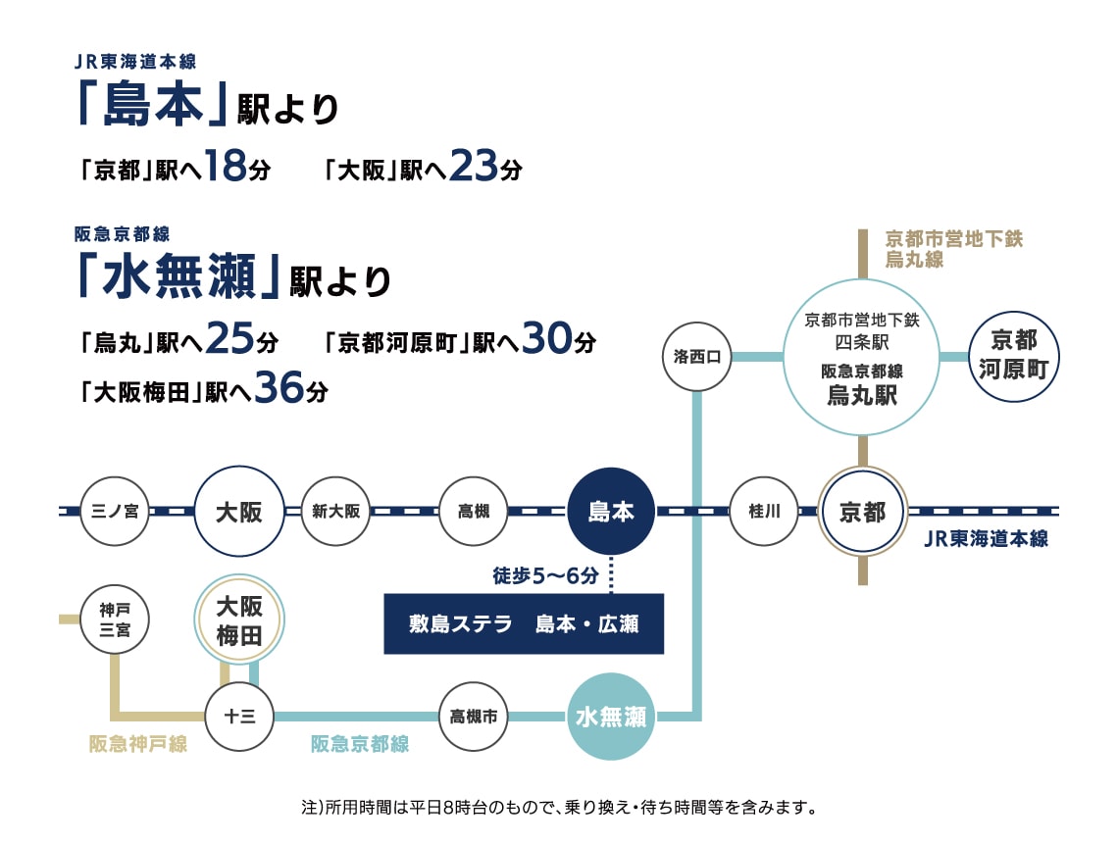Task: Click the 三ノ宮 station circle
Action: [x=115, y=511]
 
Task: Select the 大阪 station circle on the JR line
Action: [x=239, y=511]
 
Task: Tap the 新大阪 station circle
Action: [x=335, y=511]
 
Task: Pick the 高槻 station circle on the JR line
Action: [x=474, y=511]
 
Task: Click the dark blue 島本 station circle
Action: [x=611, y=511]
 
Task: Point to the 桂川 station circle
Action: [x=764, y=511]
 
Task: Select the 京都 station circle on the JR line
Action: [x=863, y=511]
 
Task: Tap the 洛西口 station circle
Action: [x=696, y=356]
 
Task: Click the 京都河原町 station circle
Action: [x=1013, y=356]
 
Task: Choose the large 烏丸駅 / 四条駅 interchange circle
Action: [x=862, y=356]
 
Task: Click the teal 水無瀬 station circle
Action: [x=611, y=717]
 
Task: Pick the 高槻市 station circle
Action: [x=474, y=717]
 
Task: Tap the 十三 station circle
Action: [x=239, y=717]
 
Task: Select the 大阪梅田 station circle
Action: [x=239, y=620]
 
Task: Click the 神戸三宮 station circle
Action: [x=115, y=620]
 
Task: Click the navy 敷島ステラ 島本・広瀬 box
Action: [x=524, y=623]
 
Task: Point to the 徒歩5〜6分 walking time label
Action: [x=545, y=575]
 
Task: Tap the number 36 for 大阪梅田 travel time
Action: [x=279, y=387]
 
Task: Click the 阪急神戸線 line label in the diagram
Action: [x=138, y=744]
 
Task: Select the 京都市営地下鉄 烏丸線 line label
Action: [x=954, y=249]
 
